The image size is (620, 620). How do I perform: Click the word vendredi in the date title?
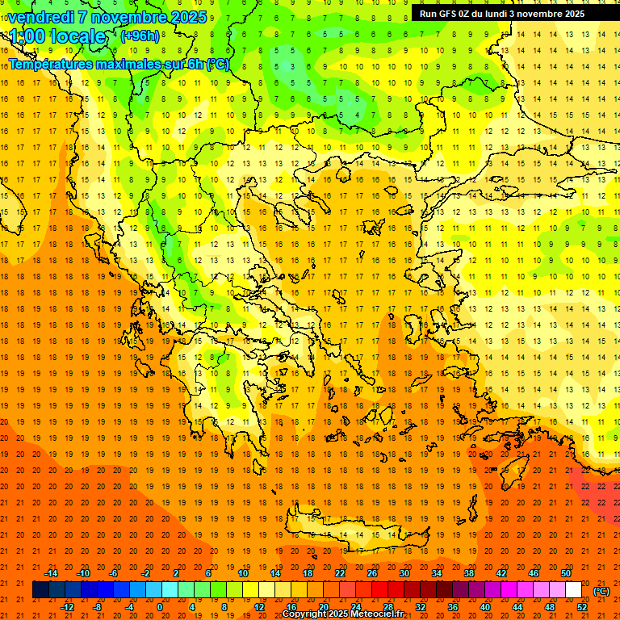click(x=40, y=17)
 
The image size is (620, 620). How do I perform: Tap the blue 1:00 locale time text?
click(x=57, y=36)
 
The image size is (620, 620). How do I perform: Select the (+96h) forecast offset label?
click(x=140, y=36)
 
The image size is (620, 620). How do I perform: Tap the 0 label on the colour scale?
click(x=160, y=607)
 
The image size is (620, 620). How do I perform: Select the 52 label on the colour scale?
click(x=582, y=607)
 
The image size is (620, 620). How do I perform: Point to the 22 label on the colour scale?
click(x=340, y=573)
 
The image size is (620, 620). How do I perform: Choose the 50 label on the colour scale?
click(x=566, y=573)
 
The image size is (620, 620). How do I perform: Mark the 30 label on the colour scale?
click(x=404, y=573)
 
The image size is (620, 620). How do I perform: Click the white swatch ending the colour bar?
click(x=574, y=590)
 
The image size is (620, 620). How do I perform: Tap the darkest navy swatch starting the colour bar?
click(x=41, y=590)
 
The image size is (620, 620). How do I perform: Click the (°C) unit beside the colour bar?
click(x=601, y=591)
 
